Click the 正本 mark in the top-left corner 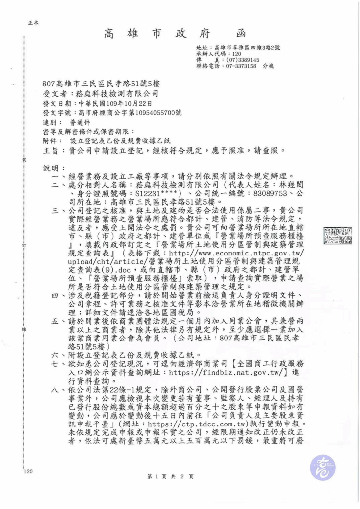point(34,23)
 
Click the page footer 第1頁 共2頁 point(170,476)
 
